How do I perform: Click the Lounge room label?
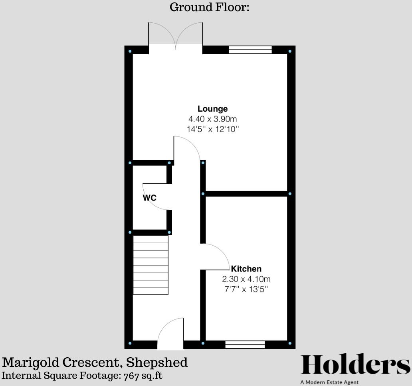[212, 109]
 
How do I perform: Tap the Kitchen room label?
[246, 269]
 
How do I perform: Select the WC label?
[150, 198]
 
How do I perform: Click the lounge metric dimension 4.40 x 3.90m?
[212, 119]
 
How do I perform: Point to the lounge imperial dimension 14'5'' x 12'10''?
[212, 129]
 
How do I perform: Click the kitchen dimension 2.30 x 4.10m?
[246, 279]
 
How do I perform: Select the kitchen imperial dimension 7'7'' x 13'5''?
[246, 289]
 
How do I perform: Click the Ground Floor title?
[209, 7]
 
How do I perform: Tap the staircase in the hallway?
[151, 265]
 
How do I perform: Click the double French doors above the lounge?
[176, 36]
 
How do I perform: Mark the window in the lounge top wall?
[250, 50]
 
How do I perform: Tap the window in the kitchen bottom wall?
[245, 345]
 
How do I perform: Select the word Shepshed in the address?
[156, 362]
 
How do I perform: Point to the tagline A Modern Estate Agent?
[330, 382]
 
